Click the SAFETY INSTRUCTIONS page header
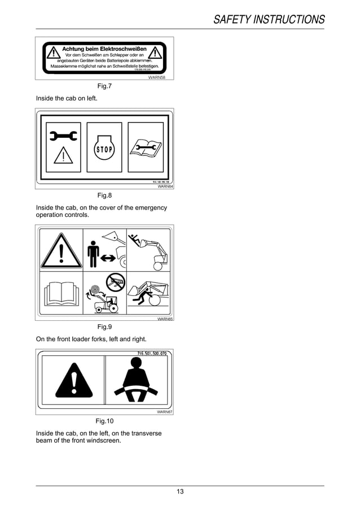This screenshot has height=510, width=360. (269, 20)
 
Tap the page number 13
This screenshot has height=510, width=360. (180, 491)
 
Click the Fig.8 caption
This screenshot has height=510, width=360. (105, 195)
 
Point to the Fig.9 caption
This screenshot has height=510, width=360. (105, 327)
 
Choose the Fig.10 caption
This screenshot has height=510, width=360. (105, 421)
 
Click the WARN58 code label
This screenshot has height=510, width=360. (164, 77)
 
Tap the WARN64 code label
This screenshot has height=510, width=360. (165, 186)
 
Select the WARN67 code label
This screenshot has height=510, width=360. (165, 412)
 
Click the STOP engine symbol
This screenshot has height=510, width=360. (104, 149)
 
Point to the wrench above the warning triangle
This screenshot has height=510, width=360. (63, 136)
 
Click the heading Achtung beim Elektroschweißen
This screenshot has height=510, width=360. (104, 49)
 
